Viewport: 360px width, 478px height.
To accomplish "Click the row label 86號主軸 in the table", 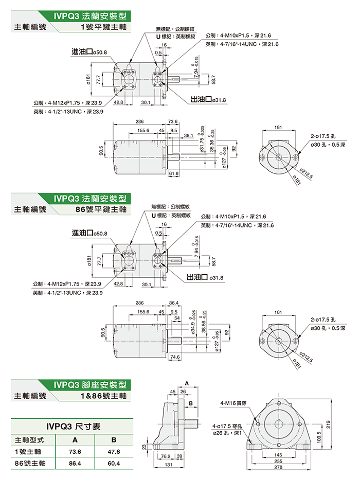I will tap(29, 464).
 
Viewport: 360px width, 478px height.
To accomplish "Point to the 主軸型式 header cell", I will tap(30, 440).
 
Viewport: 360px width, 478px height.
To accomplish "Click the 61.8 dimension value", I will tap(173, 174).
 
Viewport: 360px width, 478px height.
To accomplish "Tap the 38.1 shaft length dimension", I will tap(188, 136).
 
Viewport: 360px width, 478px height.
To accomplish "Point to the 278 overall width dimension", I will tap(278, 468).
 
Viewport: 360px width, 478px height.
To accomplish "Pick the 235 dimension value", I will tap(278, 462).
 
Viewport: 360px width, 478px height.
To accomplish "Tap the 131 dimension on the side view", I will tap(168, 465).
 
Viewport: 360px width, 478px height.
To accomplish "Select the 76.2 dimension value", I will tap(166, 456).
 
